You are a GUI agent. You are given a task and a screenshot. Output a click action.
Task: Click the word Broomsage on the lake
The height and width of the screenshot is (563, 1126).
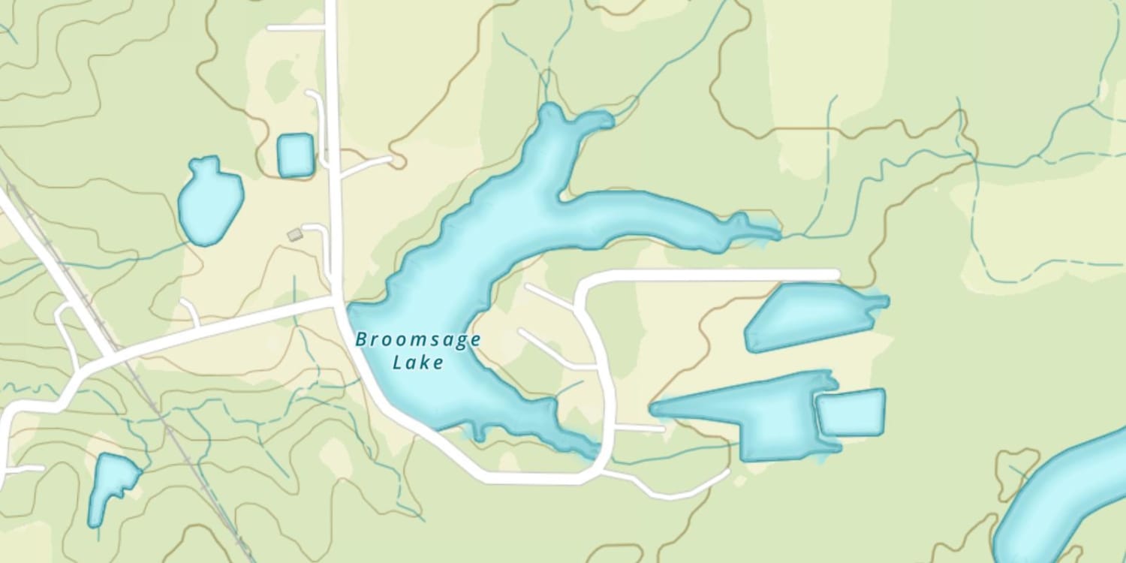pos(417,340)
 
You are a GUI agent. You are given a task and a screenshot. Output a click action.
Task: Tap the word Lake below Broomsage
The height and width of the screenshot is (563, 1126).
pos(418,363)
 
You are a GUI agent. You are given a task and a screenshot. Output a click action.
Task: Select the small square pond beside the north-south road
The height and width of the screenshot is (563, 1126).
pos(295,155)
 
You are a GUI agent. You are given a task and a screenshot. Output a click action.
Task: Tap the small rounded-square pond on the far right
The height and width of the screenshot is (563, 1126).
pos(851,412)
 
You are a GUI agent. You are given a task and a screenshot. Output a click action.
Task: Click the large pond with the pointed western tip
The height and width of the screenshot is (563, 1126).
pos(751,417)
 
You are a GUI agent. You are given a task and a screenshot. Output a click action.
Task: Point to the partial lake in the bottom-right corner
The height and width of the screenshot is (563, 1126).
pos(1066,503)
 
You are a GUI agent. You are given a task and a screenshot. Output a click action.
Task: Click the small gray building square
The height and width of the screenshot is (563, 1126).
pos(294,235)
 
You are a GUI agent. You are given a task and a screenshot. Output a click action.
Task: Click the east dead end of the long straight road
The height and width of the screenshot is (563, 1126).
pos(835,275)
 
